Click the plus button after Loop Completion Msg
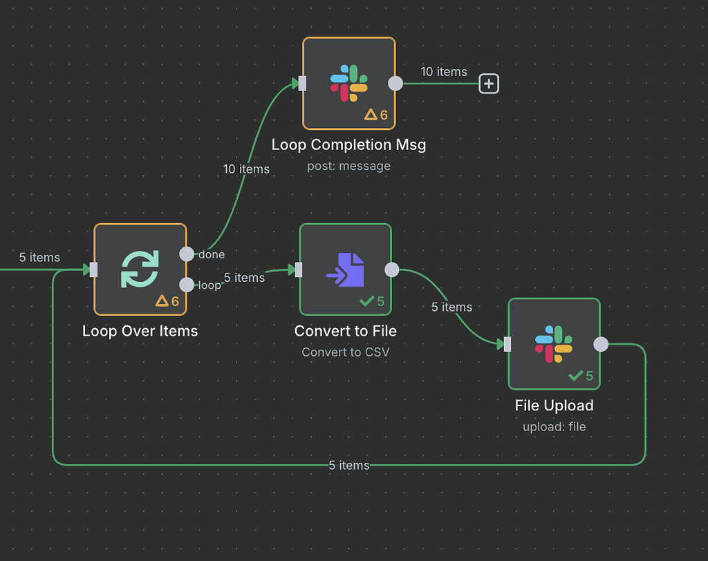click(489, 84)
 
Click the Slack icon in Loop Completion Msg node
click(349, 83)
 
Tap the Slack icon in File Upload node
click(554, 343)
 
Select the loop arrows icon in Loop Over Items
click(140, 269)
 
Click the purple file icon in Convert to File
click(345, 269)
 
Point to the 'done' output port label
click(212, 254)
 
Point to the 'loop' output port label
click(209, 285)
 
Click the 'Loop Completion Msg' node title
click(348, 144)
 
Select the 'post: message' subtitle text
click(348, 166)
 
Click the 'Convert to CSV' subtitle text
click(345, 352)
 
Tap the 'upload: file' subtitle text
click(554, 426)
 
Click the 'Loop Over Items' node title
click(140, 331)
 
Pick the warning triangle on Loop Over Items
click(162, 301)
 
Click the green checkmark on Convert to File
click(366, 301)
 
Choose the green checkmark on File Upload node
click(575, 375)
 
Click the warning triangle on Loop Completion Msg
click(371, 115)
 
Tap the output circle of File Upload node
click(601, 343)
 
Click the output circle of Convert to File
click(391, 269)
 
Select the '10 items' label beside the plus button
click(444, 72)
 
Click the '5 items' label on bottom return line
click(349, 465)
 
